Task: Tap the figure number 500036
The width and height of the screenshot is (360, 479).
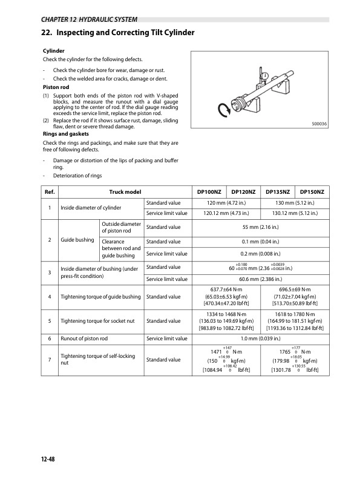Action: click(319, 124)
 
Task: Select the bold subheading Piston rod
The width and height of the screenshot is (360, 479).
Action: click(54, 87)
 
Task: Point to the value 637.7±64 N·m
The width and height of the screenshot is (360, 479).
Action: click(226, 289)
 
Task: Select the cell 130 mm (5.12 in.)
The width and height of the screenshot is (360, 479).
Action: click(295, 202)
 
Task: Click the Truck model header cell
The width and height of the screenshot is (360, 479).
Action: click(125, 191)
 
